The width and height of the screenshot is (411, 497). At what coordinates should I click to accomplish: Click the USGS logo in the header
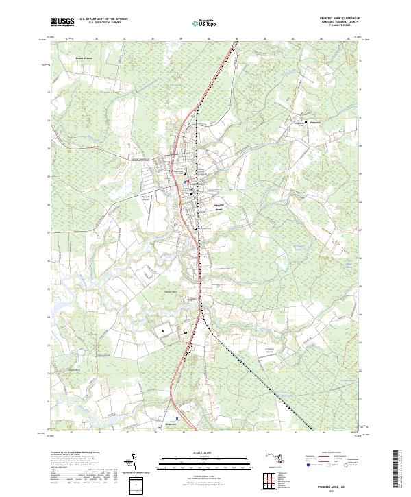click(x=63, y=22)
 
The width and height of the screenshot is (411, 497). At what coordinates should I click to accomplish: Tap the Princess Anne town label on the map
click(x=219, y=206)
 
